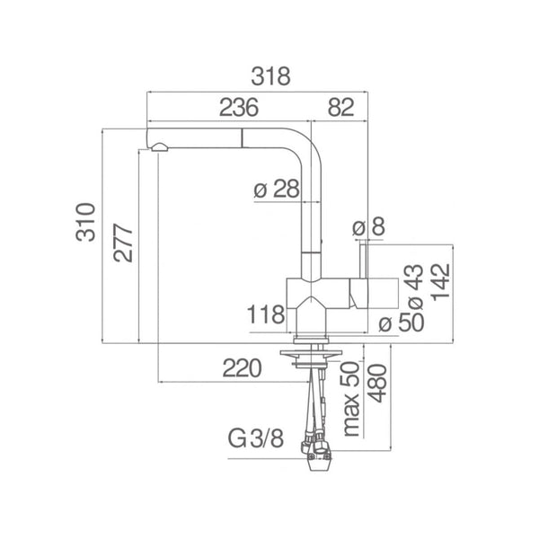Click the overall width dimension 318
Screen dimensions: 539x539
pos(271,76)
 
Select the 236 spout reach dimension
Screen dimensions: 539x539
pos(239,107)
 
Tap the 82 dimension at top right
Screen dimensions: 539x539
pos(340,107)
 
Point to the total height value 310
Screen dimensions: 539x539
pos(85,222)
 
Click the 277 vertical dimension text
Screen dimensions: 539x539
pos(123,243)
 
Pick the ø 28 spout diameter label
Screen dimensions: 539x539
pos(277,189)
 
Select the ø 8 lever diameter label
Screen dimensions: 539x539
pos(368,226)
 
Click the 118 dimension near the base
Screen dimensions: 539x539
pos(266,314)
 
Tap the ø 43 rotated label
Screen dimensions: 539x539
pos(415,287)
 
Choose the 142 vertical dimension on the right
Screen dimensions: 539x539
pos(441,282)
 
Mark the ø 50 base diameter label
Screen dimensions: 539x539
pos(402,323)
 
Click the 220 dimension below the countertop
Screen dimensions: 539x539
pos(242,368)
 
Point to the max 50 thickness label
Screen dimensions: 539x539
pos(351,399)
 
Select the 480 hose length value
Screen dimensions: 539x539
pos(377,383)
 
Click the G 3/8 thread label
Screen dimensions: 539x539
pos(256,438)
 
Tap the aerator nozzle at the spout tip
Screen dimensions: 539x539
pos(159,147)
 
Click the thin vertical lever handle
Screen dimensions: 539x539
pos(364,261)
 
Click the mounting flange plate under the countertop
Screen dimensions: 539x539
pos(311,353)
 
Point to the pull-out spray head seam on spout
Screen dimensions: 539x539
pos(242,138)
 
